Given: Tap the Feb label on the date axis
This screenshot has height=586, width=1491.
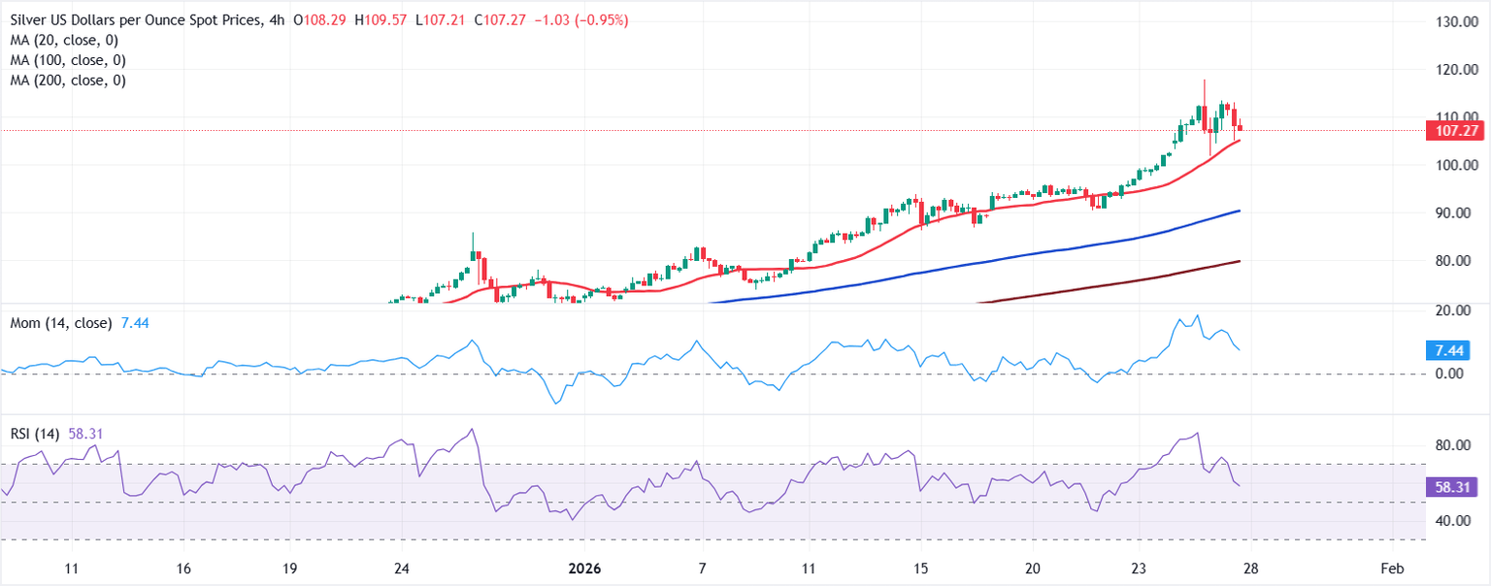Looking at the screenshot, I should pyautogui.click(x=1391, y=568).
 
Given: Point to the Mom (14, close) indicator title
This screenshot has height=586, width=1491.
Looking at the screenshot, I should pyautogui.click(x=58, y=322).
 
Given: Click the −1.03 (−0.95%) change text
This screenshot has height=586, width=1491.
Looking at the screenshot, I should pyautogui.click(x=580, y=19).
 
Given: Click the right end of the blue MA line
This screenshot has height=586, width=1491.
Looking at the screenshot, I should pyautogui.click(x=1240, y=211).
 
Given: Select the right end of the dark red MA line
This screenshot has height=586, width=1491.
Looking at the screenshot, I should pyautogui.click(x=1240, y=260).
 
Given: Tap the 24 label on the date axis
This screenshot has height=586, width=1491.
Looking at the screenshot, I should pyautogui.click(x=401, y=568).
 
